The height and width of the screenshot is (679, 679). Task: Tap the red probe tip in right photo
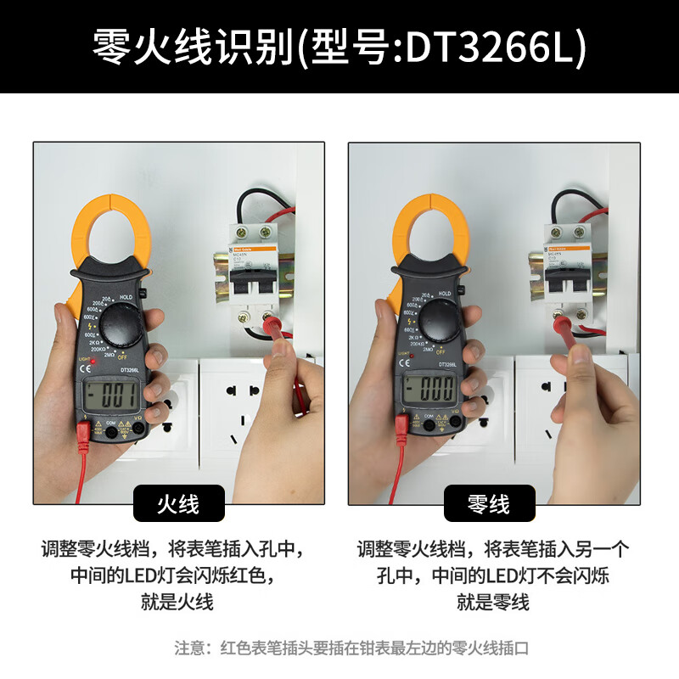tap(562, 323)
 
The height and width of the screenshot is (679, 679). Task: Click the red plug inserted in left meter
tap(84, 434)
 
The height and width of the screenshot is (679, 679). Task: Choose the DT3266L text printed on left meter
tap(130, 368)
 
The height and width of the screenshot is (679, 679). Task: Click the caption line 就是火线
tap(178, 603)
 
